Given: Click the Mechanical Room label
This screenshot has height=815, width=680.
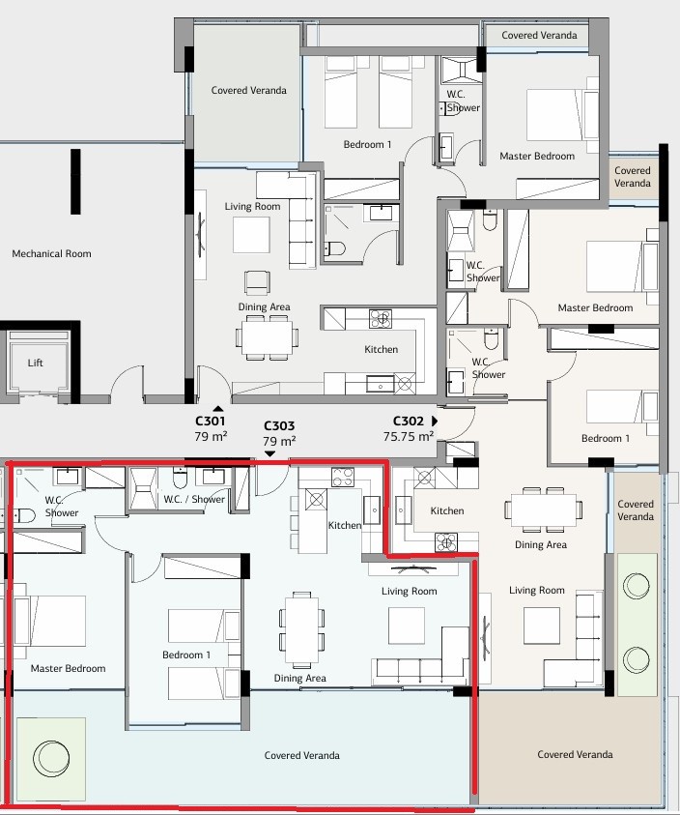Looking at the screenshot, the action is tap(51, 253).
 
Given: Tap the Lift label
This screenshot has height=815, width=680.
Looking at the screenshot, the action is tap(36, 363).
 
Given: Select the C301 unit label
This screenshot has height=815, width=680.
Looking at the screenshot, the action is tap(210, 421).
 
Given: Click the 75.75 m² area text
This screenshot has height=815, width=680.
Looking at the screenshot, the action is tap(409, 437).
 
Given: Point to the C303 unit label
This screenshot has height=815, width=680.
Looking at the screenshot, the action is tap(279, 426).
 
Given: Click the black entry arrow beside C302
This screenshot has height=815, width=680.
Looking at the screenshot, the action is tap(435, 421).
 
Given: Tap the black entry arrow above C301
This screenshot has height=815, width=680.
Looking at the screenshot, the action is tap(218, 409).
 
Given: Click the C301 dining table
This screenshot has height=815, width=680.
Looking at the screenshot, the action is tap(267, 337).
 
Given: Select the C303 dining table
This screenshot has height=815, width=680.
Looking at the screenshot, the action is tap(301, 629).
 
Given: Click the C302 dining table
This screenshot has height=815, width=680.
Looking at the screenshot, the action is tap(543, 509).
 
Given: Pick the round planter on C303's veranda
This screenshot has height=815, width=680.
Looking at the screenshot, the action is tap(51, 758).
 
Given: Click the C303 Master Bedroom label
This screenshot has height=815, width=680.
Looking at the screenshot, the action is tap(68, 668).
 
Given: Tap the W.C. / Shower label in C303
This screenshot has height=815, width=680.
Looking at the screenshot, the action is tap(194, 499).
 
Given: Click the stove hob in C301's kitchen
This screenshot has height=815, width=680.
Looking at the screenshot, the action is tap(381, 319).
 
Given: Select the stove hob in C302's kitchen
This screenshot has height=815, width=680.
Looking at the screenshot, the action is tap(445, 542).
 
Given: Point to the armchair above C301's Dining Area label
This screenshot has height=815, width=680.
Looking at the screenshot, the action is tap(257, 282).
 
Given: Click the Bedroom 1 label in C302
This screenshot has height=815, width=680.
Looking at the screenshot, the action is tap(606, 438).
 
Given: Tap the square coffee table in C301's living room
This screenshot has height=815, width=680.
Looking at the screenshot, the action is tap(251, 234).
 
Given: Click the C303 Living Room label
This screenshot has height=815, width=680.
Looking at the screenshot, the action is tap(409, 591).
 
